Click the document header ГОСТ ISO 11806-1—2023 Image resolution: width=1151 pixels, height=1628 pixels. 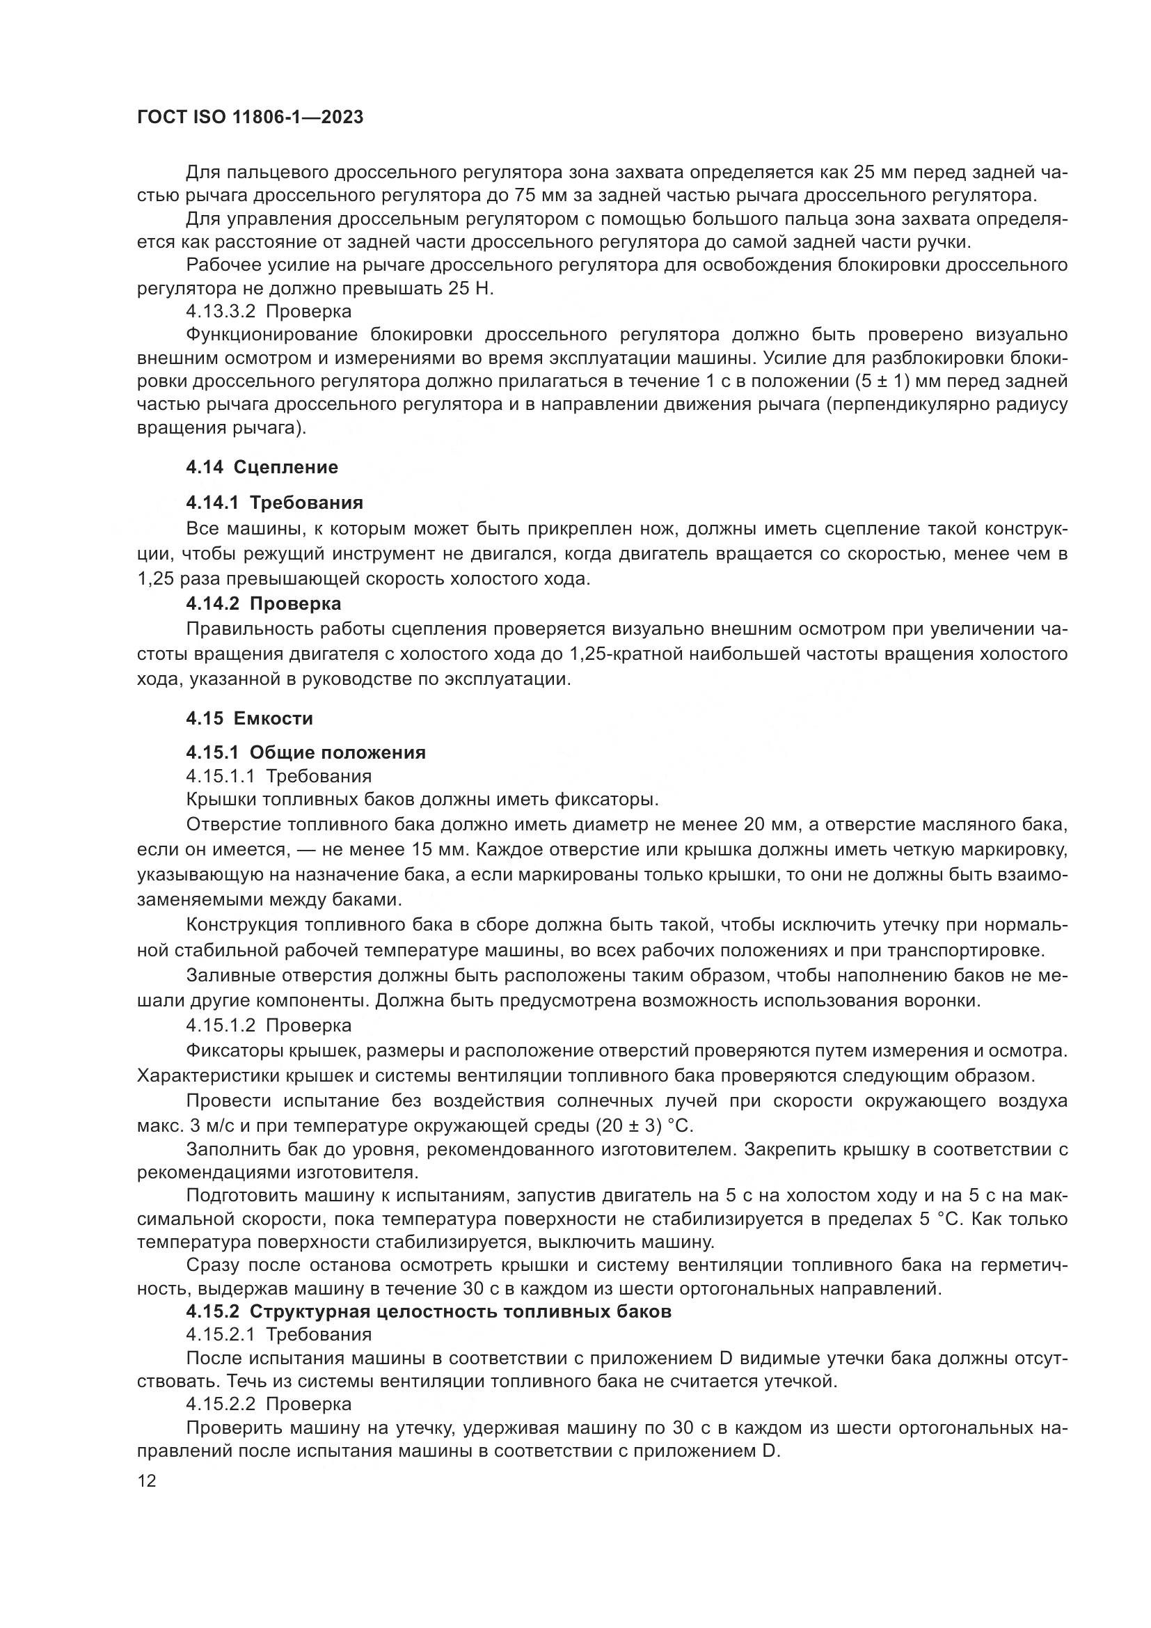251,118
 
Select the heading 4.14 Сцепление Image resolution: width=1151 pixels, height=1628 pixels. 262,467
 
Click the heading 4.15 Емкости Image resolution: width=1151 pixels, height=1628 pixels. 250,718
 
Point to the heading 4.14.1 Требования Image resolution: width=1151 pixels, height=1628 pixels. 274,503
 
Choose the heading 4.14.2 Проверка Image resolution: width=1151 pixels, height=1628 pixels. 264,603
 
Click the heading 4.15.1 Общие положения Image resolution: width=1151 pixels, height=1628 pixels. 305,752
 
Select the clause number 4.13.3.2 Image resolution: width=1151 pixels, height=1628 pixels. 223,311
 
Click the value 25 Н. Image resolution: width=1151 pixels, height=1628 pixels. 470,289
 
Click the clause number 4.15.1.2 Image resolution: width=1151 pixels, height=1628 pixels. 223,1025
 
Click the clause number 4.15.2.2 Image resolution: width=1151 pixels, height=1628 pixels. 223,1404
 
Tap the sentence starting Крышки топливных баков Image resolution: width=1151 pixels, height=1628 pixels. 422,800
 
